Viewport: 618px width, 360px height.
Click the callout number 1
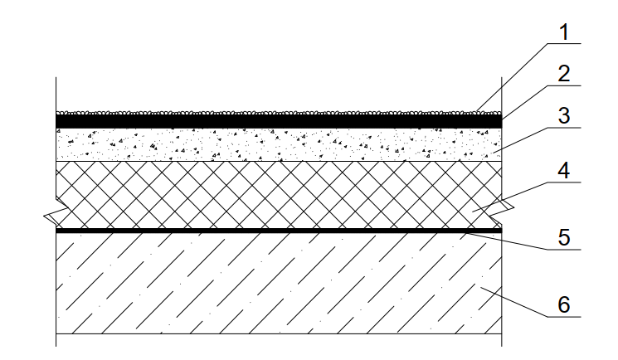pos(564,32)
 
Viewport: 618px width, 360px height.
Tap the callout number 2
pos(564,74)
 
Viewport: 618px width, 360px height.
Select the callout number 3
pos(564,116)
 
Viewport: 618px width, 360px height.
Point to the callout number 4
pos(564,171)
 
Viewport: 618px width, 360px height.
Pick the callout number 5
pos(564,238)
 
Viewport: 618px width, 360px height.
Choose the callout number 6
pos(564,304)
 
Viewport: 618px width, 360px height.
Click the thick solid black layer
pos(279,121)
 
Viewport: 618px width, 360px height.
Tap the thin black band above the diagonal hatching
pos(279,231)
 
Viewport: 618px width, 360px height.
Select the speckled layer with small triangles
pos(279,144)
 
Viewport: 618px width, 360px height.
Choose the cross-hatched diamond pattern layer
pos(279,195)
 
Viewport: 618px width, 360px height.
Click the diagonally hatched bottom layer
pos(279,283)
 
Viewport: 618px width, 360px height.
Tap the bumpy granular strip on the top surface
pos(279,113)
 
